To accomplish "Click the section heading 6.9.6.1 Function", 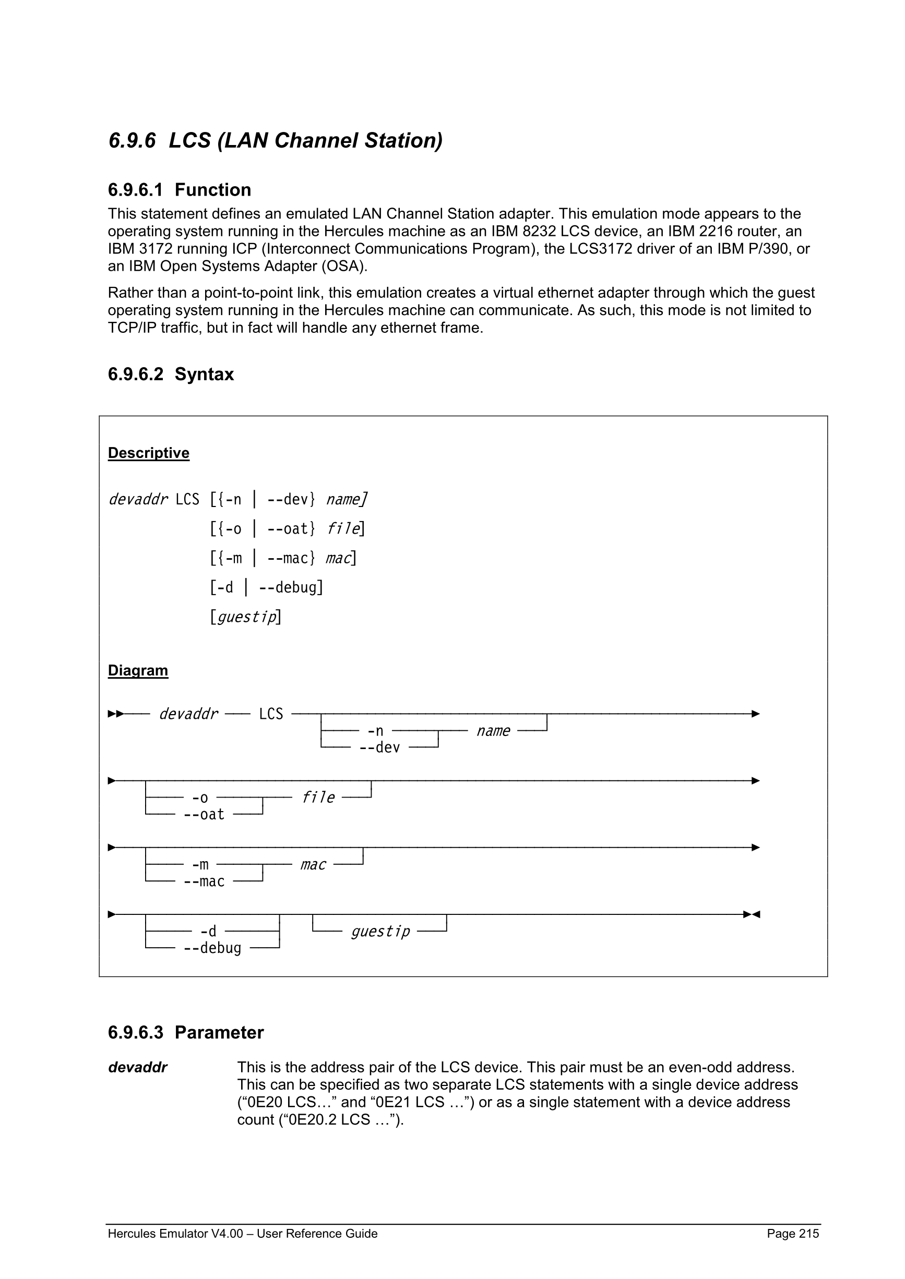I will (x=180, y=190).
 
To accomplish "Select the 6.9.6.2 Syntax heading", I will (x=171, y=374).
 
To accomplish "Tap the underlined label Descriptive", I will (x=148, y=453).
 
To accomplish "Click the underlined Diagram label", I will (x=138, y=670).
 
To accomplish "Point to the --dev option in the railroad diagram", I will (x=379, y=747).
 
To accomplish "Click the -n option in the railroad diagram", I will (x=375, y=731).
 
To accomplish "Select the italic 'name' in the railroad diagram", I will (x=493, y=731).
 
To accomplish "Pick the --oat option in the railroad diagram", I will (x=204, y=814).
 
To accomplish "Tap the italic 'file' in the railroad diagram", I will (x=318, y=798).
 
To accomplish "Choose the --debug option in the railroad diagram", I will (x=212, y=948).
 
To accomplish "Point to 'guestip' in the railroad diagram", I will (x=380, y=932).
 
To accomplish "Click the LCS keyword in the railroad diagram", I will (x=271, y=714).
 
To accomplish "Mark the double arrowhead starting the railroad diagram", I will (x=116, y=714).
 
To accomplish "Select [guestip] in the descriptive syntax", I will (x=245, y=617).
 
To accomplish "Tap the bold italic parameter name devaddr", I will (x=138, y=1067).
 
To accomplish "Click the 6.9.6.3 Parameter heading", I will (x=186, y=1032).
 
